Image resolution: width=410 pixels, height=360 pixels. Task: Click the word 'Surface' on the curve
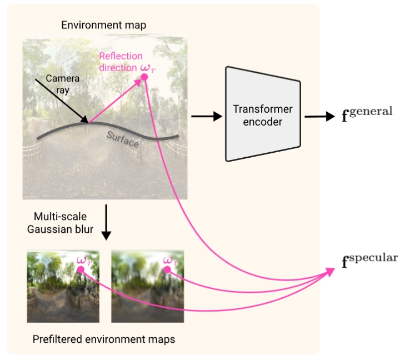123,138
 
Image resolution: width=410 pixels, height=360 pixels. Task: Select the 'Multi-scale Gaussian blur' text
60,222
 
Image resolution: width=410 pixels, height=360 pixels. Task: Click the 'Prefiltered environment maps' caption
104,339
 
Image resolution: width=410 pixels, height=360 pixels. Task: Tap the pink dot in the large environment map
144,77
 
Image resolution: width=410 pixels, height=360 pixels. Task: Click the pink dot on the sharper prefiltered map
81,269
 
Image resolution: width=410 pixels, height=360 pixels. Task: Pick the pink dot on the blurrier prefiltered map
167,269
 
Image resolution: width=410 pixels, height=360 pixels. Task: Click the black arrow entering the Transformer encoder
203,116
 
